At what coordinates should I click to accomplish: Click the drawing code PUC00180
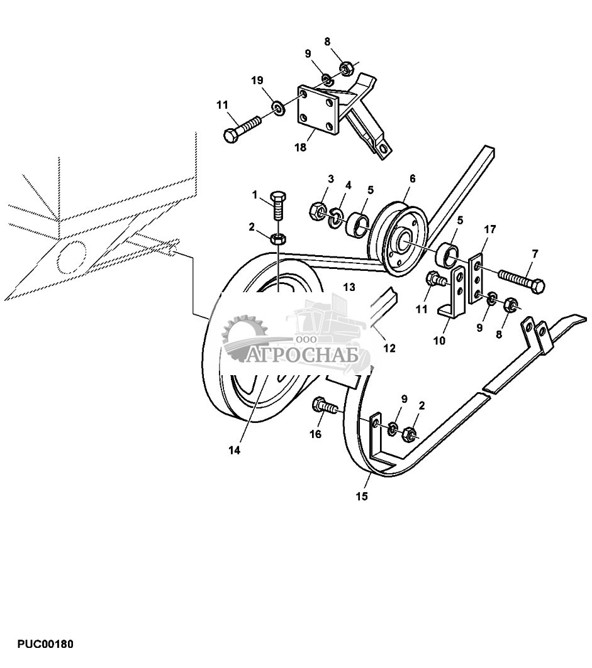click(x=45, y=645)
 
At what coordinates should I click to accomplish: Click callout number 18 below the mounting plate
click(x=300, y=148)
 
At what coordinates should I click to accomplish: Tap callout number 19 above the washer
click(x=258, y=80)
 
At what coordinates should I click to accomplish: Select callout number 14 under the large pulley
click(x=235, y=450)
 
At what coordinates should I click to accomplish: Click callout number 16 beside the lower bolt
click(x=315, y=434)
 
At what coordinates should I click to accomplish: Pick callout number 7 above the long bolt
click(x=535, y=254)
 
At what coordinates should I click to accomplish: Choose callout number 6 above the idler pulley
click(x=412, y=178)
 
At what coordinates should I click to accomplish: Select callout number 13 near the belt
click(x=349, y=287)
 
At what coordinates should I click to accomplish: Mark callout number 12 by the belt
click(x=389, y=348)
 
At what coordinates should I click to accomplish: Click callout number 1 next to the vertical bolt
click(x=255, y=195)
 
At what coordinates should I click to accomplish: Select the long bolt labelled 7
click(x=521, y=281)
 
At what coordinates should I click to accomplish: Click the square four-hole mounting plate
click(x=318, y=111)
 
